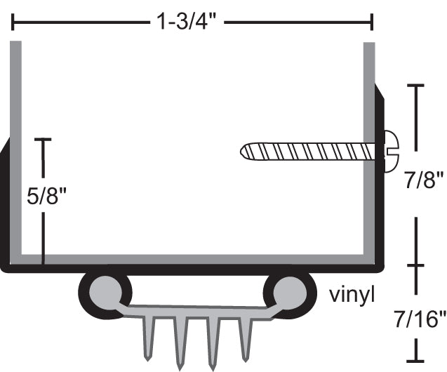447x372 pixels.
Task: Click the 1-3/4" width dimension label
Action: (189, 22)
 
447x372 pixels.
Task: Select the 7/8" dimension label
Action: (424, 184)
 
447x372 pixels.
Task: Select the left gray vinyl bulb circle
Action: (105, 290)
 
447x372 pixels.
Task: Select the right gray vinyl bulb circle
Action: (288, 290)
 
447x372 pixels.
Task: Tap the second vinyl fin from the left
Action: (180, 344)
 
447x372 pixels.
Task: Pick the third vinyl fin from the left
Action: (213, 344)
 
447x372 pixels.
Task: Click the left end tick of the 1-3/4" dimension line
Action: (12, 23)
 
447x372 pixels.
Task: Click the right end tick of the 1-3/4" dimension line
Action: (372, 23)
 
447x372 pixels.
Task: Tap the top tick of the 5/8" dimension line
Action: (44, 140)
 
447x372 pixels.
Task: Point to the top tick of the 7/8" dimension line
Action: (416, 85)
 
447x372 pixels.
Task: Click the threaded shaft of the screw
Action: (309, 150)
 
